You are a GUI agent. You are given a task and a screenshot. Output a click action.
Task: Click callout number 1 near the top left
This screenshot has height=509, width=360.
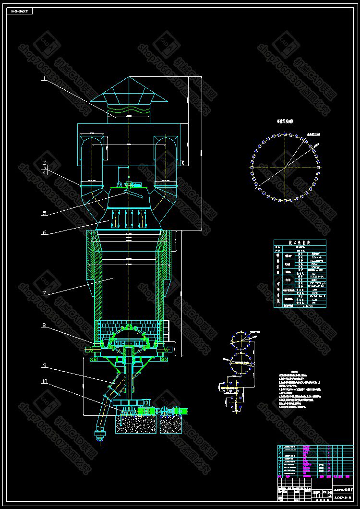(43, 78)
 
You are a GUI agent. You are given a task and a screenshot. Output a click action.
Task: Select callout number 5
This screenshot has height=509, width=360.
(44, 213)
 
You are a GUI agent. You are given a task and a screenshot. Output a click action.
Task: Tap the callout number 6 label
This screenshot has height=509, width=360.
(44, 232)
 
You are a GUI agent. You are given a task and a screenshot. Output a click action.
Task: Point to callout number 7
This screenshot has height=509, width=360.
(44, 292)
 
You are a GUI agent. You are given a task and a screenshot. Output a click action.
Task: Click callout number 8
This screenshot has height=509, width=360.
(44, 326)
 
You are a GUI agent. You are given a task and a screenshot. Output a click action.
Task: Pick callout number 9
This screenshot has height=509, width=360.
(44, 365)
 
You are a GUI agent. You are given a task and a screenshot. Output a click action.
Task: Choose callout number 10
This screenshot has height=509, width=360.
(44, 382)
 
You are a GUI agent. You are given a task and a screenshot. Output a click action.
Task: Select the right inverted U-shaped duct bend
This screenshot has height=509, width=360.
(165, 144)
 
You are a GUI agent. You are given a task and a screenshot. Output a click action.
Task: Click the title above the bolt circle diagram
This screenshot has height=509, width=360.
(285, 122)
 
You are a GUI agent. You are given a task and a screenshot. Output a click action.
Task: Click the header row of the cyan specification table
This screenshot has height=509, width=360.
(300, 242)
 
